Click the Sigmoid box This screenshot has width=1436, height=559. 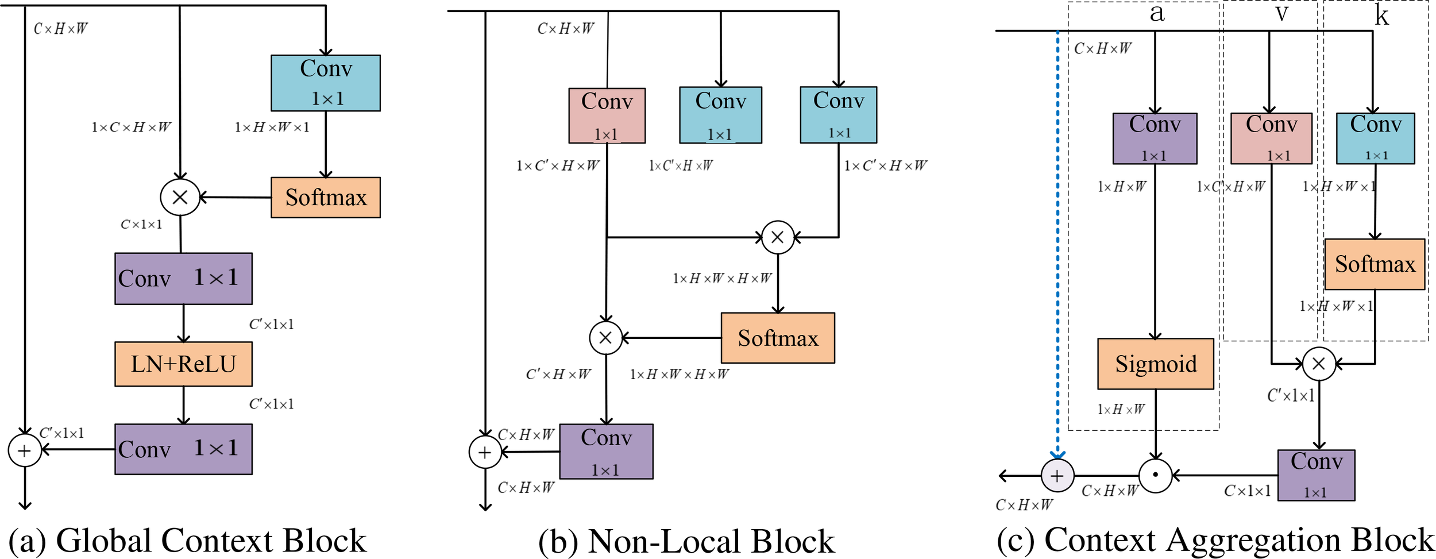pyautogui.click(x=1155, y=364)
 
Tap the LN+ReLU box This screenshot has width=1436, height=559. pyautogui.click(x=183, y=364)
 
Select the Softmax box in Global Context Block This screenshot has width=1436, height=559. pyautogui.click(x=325, y=197)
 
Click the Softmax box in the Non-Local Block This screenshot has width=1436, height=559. pyautogui.click(x=777, y=338)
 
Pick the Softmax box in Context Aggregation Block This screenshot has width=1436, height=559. pyautogui.click(x=1374, y=264)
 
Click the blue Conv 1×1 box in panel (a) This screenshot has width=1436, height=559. pyautogui.click(x=325, y=83)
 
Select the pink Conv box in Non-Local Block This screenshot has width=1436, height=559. pyautogui.click(x=607, y=115)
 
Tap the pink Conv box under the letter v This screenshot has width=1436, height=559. pyautogui.click(x=1271, y=138)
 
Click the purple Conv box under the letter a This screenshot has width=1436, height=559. pyautogui.click(x=1155, y=138)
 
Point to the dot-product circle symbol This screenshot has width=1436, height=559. pyautogui.click(x=1155, y=476)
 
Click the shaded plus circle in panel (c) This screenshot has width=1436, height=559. pyautogui.click(x=1057, y=476)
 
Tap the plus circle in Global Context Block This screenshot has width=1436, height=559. pyautogui.click(x=25, y=450)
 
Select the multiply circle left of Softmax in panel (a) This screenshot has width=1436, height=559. pyautogui.click(x=180, y=197)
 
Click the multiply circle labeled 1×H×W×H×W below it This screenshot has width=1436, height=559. pyautogui.click(x=778, y=237)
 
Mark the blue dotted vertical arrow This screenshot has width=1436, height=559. pyautogui.click(x=1057, y=241)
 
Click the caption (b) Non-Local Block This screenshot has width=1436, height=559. pyautogui.click(x=686, y=541)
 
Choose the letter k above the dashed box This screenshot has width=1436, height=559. pyautogui.click(x=1381, y=16)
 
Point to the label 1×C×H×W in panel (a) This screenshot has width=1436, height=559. pyautogui.click(x=131, y=127)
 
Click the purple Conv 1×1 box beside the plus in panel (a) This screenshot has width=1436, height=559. pyautogui.click(x=183, y=449)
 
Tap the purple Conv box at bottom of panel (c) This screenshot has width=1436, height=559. pyautogui.click(x=1316, y=475)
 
